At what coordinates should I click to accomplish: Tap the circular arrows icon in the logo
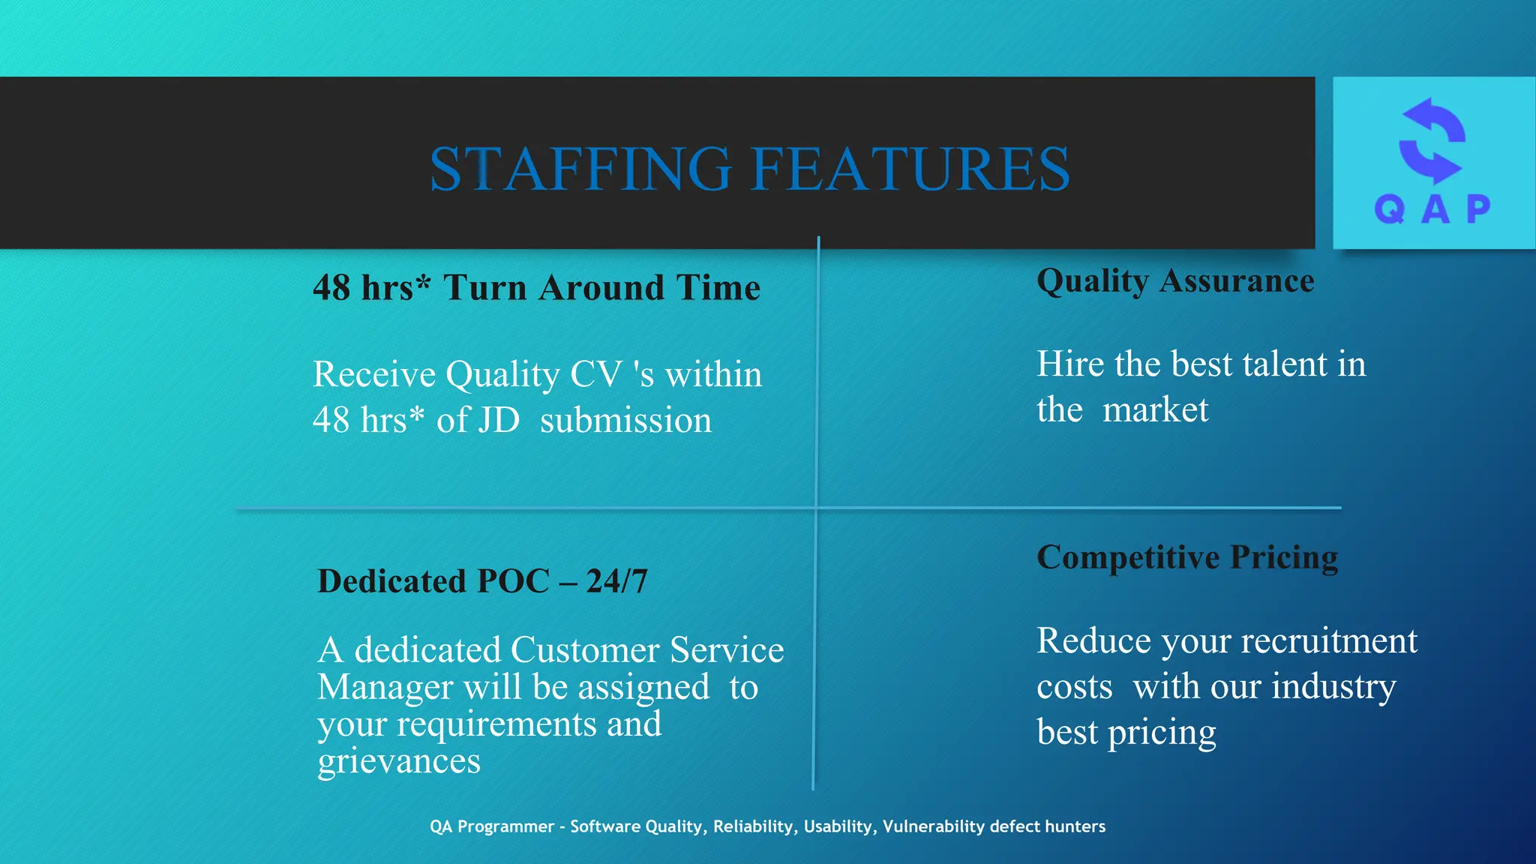coord(1432,141)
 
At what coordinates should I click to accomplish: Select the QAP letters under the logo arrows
coord(1432,209)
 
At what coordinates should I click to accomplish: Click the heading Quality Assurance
coord(1175,281)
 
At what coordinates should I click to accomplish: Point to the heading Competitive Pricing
coord(1187,558)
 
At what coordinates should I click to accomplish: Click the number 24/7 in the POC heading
coord(616,581)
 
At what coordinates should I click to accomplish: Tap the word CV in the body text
coord(595,374)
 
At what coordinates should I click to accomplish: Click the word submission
coord(625,420)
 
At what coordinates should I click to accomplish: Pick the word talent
coord(1285,364)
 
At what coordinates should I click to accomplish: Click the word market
coord(1155,410)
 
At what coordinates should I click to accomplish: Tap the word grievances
coord(399,762)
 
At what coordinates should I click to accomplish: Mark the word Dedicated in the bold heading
coord(391,581)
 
